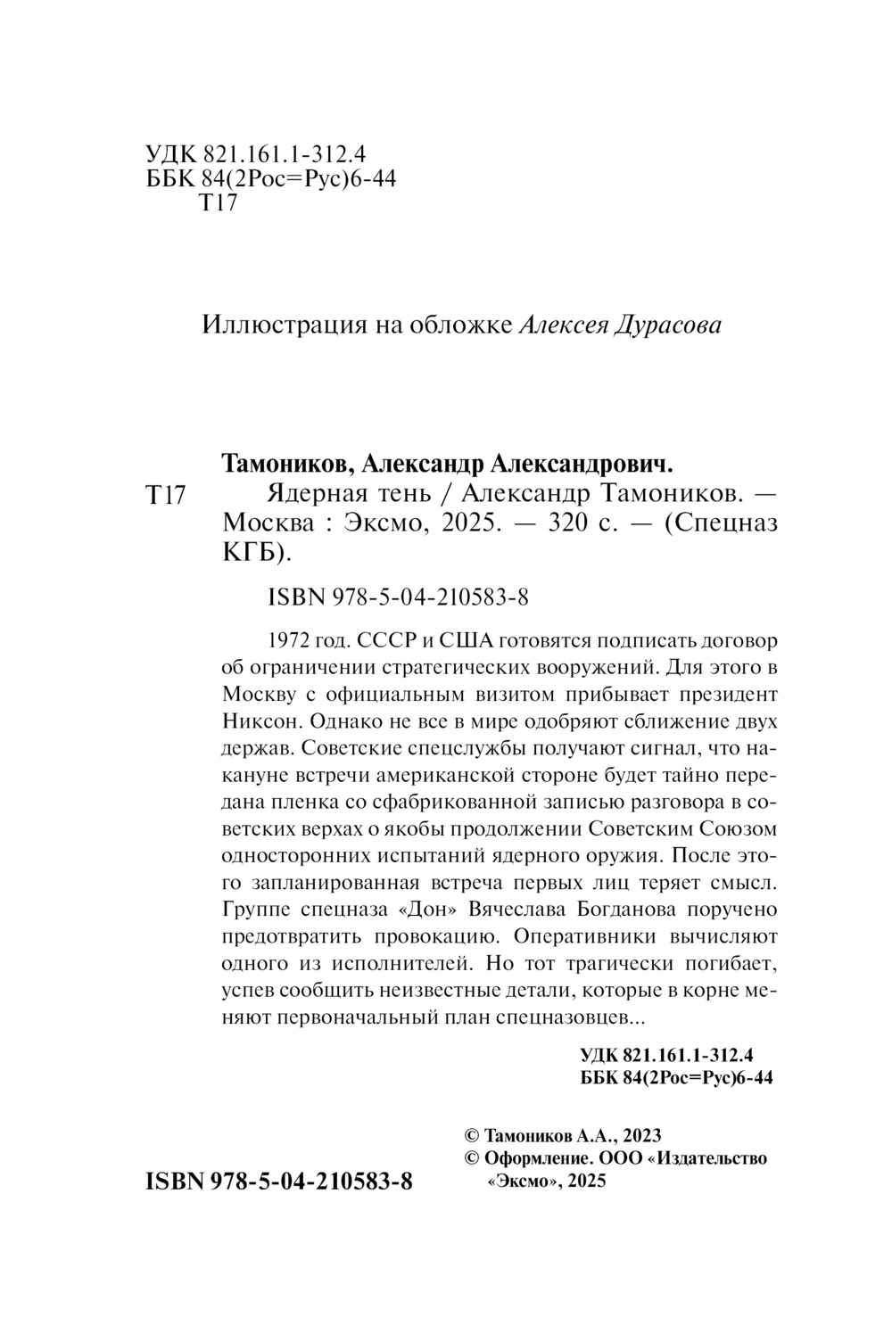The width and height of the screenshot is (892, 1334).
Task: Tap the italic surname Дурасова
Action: point(669,325)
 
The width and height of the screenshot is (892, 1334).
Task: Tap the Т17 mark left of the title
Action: point(164,495)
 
